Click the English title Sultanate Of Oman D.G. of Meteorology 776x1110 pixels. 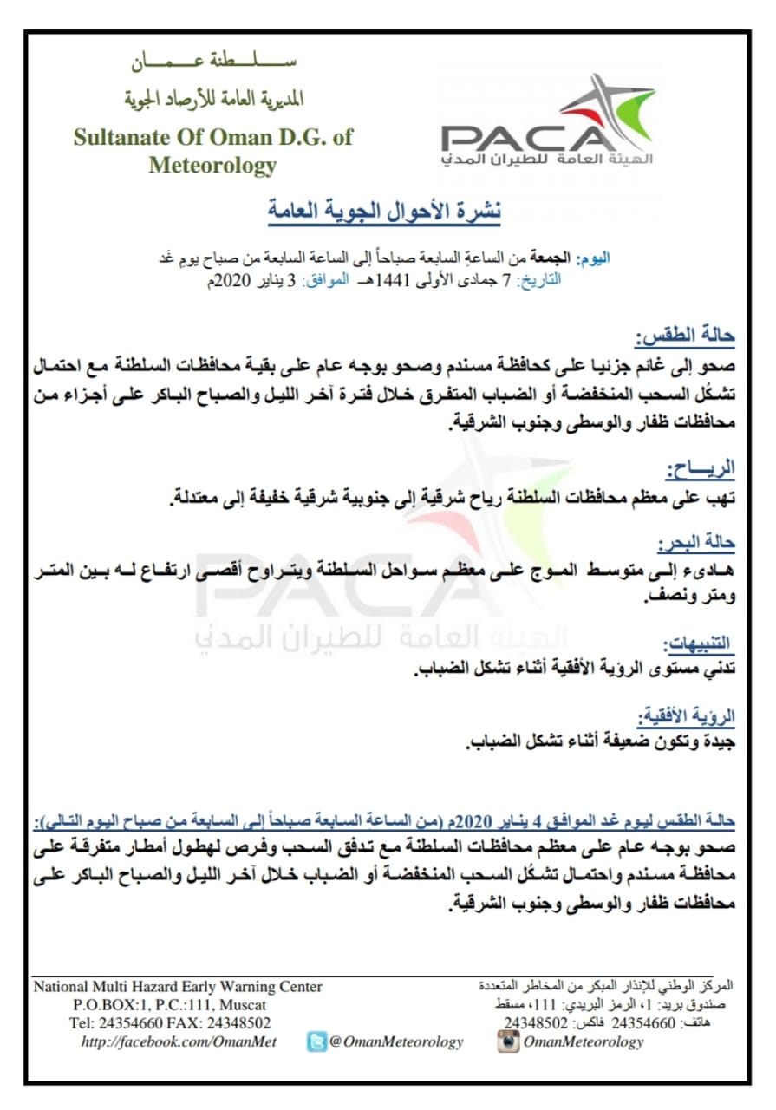212,150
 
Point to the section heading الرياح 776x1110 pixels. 701,469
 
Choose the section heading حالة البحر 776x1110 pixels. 695,544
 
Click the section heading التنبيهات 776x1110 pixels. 698,643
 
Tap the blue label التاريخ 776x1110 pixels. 538,279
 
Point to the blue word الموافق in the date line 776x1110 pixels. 329,279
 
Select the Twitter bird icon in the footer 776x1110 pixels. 316,1041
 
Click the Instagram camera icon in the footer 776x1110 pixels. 508,1041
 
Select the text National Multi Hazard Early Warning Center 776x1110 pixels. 178,987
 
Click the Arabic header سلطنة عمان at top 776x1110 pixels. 213,63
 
